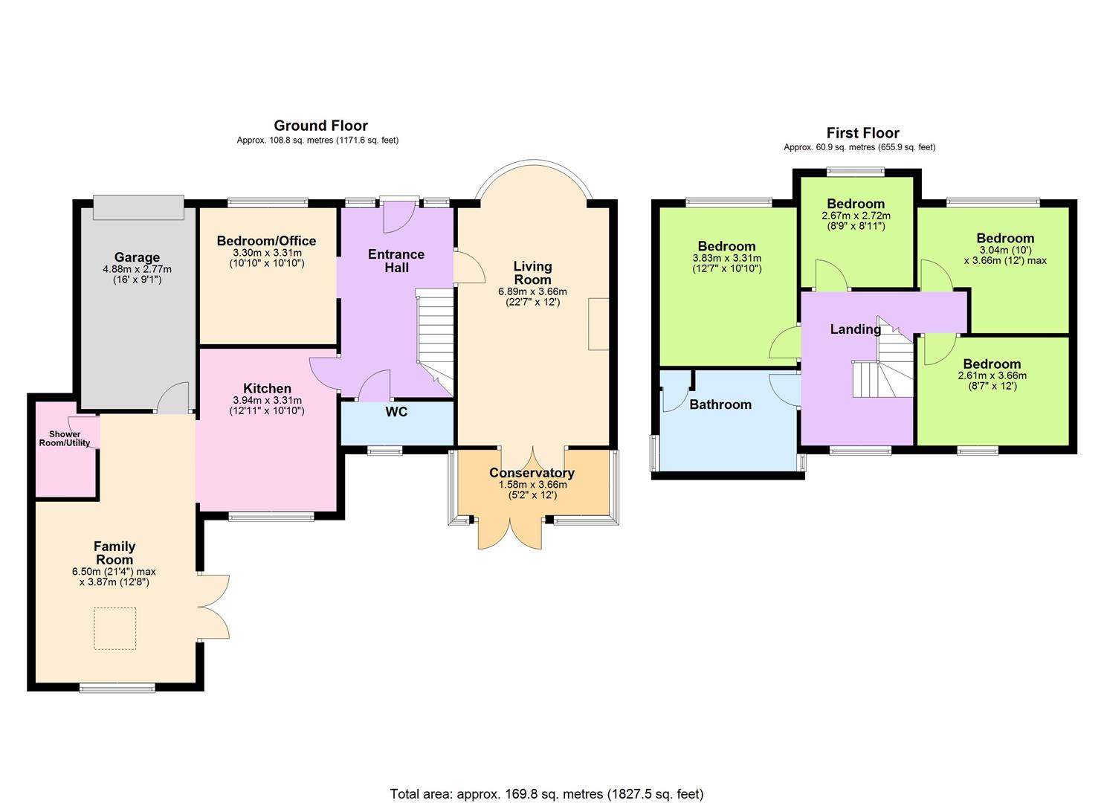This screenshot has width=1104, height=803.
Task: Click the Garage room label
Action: (137, 257)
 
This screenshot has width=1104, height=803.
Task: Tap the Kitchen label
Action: (267, 388)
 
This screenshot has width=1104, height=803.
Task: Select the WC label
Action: (397, 412)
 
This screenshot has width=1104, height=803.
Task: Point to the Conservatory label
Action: (532, 473)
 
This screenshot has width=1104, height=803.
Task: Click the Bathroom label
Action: (720, 404)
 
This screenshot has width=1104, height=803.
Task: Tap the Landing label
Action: (856, 329)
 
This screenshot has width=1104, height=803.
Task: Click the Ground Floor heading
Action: (321, 126)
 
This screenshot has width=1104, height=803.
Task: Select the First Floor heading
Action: (863, 133)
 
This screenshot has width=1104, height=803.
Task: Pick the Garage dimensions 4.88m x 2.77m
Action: (137, 269)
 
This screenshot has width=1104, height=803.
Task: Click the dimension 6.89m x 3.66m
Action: (533, 291)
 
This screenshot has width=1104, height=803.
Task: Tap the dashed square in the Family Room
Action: (114, 628)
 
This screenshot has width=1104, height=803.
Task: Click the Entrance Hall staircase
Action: (435, 342)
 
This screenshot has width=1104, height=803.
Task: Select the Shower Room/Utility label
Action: (65, 438)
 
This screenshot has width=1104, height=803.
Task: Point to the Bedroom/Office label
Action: (267, 241)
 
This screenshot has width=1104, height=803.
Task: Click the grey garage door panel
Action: (138, 207)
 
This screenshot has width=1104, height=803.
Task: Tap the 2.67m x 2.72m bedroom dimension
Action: (856, 216)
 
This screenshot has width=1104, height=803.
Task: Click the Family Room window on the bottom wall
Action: (117, 688)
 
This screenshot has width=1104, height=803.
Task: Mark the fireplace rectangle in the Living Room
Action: (598, 324)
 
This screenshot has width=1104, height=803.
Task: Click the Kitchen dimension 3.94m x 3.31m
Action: (267, 400)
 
